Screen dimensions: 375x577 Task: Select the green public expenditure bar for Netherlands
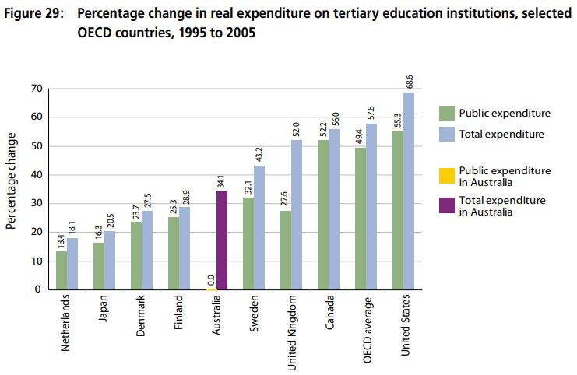coord(62,270)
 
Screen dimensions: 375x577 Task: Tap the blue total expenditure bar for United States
coord(409,191)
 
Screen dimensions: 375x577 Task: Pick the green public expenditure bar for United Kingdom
coord(285,250)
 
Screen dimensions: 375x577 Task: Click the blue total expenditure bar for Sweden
coord(259,227)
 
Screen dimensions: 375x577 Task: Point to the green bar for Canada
coord(322,215)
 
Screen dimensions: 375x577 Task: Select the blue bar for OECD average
coord(371,206)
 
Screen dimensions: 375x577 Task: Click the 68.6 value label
coord(410,80)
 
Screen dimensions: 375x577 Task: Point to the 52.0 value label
coord(297,128)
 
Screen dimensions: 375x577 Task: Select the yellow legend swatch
coord(446,176)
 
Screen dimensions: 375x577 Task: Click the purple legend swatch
coord(446,205)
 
